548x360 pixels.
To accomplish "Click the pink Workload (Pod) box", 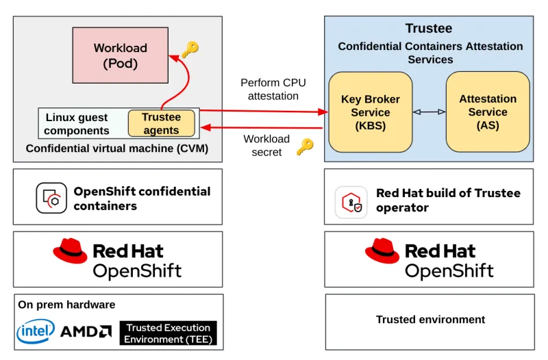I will coord(121,55).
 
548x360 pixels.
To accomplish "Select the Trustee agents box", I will coord(161,123).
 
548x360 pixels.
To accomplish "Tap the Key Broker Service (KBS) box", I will coord(370,112).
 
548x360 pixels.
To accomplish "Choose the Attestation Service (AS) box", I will coord(488,112).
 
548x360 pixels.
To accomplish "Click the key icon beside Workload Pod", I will coord(190,49).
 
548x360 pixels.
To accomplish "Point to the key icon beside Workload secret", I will coord(304,146).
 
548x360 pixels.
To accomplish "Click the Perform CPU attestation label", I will coord(273,89).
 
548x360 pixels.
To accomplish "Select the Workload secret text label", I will coord(266,145).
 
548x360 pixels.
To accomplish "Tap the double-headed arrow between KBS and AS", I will coord(429,112).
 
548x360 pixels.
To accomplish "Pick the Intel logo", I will coord(36,332).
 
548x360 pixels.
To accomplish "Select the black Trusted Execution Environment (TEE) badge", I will coord(169,333).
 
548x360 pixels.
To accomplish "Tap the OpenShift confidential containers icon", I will coord(51,198).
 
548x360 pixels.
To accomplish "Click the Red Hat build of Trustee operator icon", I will coord(351,202).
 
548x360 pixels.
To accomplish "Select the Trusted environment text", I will coord(430,320).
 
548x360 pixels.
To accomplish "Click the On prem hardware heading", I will coord(66,305).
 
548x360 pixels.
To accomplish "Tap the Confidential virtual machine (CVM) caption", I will coord(117,149).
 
